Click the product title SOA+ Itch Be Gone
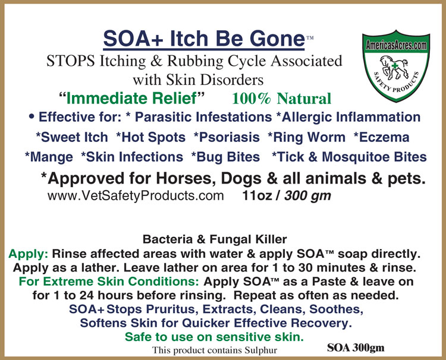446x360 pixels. coord(203,39)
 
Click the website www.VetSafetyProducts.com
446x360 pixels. coord(135,195)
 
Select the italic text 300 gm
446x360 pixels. coord(307,195)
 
